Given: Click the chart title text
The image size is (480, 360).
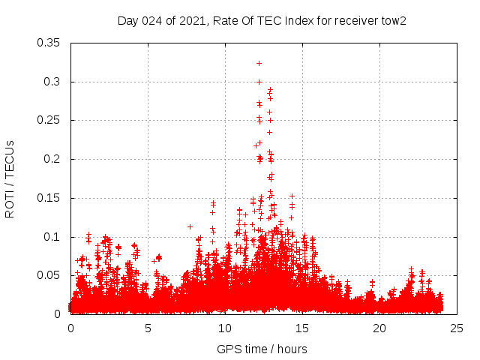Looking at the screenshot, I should point(262,20).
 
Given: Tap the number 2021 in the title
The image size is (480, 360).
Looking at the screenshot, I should point(192,20).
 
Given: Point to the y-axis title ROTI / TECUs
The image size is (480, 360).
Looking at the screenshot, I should point(10,178).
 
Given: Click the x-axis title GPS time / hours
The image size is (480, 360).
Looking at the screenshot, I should point(262,349).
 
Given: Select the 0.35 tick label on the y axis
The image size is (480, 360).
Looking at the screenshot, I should point(49,43).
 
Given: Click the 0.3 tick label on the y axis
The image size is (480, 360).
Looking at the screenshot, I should point(52,82).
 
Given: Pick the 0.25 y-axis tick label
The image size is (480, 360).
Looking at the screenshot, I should point(49,120).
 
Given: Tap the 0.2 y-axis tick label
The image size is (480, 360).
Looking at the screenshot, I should point(52,159).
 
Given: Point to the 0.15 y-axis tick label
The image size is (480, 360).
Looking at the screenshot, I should point(49,198).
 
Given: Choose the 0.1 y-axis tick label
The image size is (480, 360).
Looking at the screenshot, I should point(52,237).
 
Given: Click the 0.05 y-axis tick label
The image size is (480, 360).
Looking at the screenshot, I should point(49,275).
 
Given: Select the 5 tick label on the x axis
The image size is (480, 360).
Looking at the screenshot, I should point(148,328).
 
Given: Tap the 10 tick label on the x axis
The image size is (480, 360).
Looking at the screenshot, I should point(225,328).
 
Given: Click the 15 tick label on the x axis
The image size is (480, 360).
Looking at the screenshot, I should point(302,328).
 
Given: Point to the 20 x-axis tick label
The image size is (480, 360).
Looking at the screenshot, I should point(379,328).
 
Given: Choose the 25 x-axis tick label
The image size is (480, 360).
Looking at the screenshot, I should point(457,328).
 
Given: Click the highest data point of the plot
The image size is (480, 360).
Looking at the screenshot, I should point(259,63).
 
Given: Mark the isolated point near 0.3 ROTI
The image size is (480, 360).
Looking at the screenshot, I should point(259,82).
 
